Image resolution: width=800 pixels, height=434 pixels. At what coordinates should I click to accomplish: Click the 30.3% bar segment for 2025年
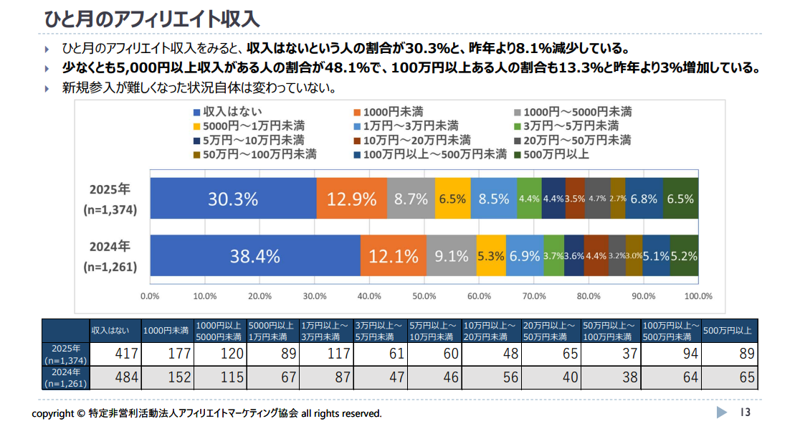point(233,199)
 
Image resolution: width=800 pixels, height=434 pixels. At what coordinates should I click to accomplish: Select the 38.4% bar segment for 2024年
point(254,255)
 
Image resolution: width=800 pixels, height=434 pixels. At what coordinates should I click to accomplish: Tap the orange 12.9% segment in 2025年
point(351,199)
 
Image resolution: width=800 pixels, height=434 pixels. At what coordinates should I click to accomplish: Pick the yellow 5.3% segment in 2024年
point(491,255)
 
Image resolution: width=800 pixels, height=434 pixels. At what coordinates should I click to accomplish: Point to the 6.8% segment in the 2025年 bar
point(644,199)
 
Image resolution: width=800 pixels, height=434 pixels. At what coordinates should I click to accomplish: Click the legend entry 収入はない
point(228,111)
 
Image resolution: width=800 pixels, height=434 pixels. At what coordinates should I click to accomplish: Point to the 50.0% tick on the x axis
point(424,296)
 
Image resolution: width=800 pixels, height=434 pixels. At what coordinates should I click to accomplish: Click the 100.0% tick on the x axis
point(698,296)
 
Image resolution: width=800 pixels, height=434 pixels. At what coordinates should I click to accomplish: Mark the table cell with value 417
point(115,354)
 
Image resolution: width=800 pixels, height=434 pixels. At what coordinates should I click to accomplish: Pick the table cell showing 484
point(115,378)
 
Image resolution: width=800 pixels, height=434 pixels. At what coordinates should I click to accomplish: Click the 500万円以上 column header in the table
point(727,331)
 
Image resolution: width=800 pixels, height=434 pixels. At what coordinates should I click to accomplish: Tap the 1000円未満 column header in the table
point(166,331)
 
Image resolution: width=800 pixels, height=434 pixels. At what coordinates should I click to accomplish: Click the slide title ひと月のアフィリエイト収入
point(151,18)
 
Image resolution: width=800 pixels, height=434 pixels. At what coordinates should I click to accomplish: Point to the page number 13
point(745,412)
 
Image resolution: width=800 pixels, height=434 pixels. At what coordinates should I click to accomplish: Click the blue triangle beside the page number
point(722,412)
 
